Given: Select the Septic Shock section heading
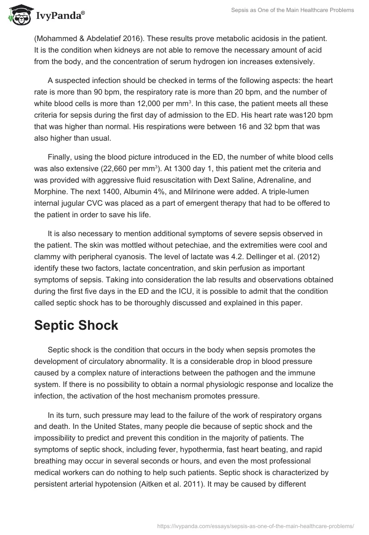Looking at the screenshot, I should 76,325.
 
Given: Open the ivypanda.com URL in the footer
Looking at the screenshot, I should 256,525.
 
